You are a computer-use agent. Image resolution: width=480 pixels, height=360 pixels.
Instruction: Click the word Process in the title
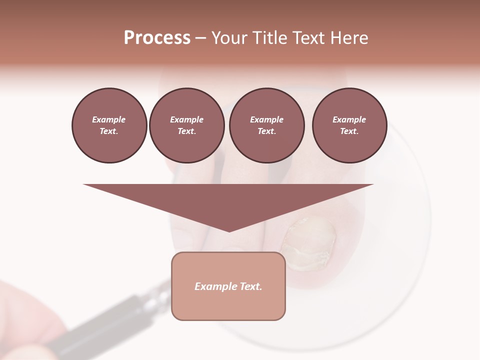(x=157, y=38)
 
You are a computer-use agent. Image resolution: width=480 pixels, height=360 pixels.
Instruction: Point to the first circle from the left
(x=109, y=125)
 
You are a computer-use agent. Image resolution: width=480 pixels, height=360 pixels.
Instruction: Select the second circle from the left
(x=186, y=125)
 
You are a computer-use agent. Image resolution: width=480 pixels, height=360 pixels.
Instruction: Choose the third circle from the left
(x=266, y=125)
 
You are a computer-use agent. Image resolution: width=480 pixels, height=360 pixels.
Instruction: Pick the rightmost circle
(x=349, y=125)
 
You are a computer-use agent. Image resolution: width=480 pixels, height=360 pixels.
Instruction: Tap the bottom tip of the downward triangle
(x=229, y=230)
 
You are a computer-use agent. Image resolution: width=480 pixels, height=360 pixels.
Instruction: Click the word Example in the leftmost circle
(x=109, y=119)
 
